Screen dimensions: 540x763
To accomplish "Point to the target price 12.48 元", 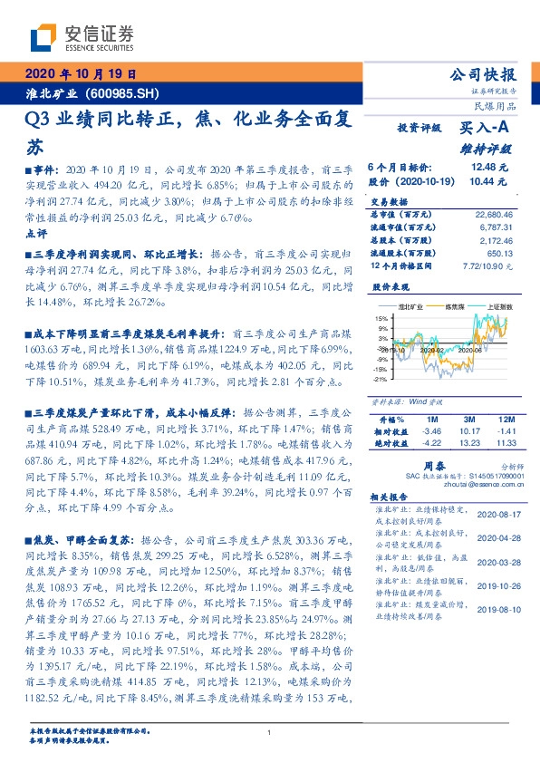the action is point(489,168).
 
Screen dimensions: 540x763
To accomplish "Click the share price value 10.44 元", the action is point(489,181).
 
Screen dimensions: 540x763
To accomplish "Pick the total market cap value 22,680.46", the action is point(493,215).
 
